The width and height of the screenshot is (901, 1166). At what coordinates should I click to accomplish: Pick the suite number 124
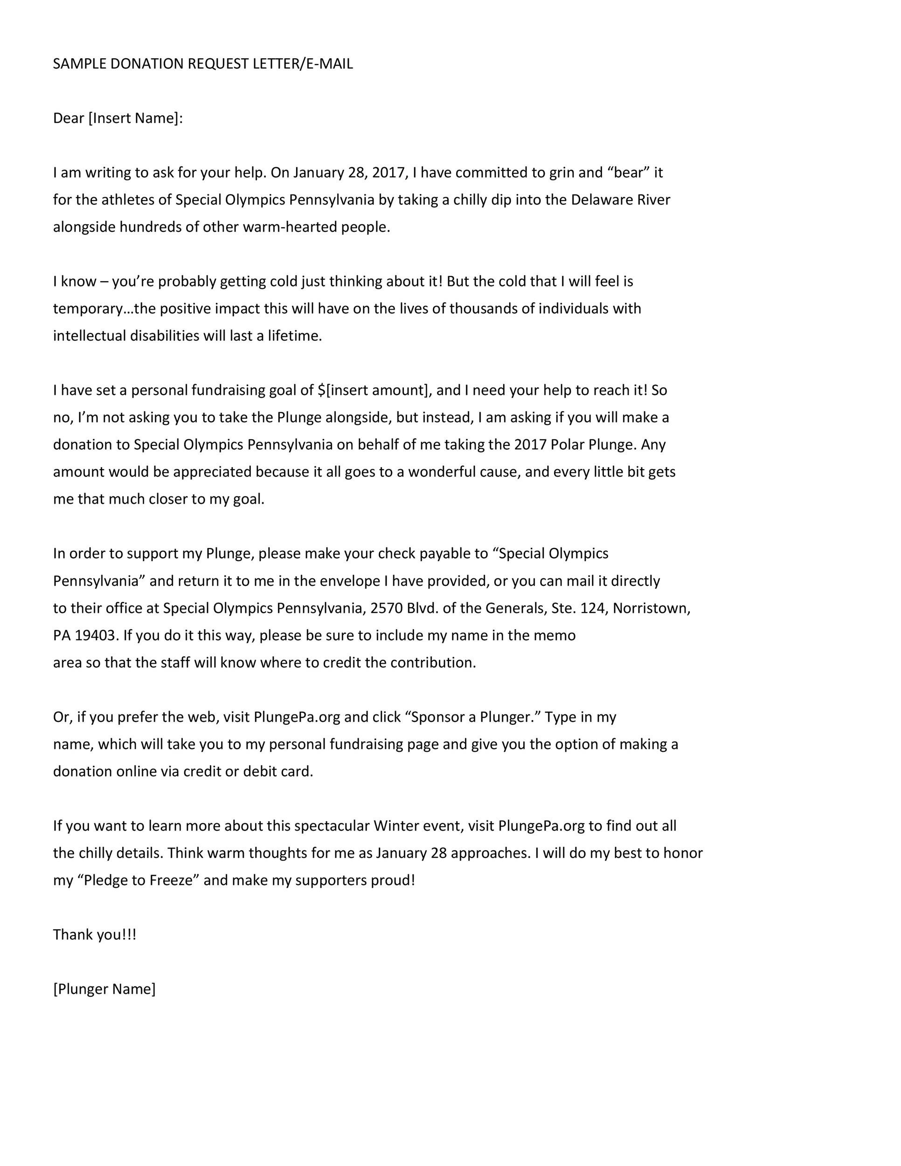(592, 608)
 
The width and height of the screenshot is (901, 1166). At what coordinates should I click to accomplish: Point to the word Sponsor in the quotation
(438, 717)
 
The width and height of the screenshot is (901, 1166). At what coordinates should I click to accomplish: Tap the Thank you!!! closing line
(95, 935)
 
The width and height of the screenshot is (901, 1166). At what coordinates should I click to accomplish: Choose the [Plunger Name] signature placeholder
(104, 989)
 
